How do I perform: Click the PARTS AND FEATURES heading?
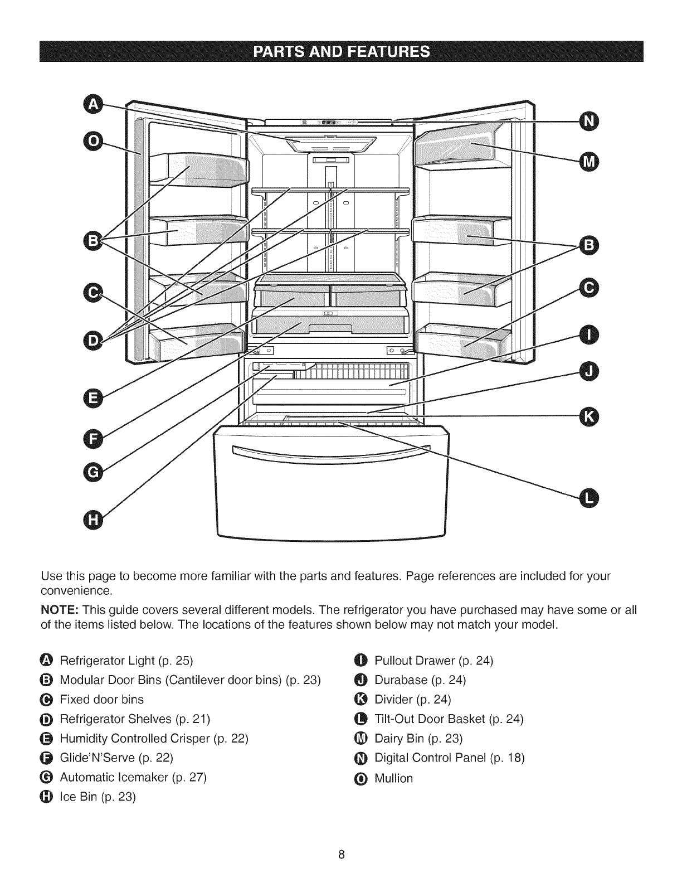[x=341, y=52]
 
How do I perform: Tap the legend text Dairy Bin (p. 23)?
[x=418, y=739]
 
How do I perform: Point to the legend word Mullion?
[x=393, y=778]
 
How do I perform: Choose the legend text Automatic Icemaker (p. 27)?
[x=133, y=777]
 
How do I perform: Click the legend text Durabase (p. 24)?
[x=420, y=680]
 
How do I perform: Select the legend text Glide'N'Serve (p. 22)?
[x=116, y=758]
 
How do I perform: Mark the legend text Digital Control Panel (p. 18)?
[x=450, y=758]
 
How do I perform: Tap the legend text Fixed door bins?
[x=101, y=699]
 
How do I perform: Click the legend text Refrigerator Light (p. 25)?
[x=126, y=661]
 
